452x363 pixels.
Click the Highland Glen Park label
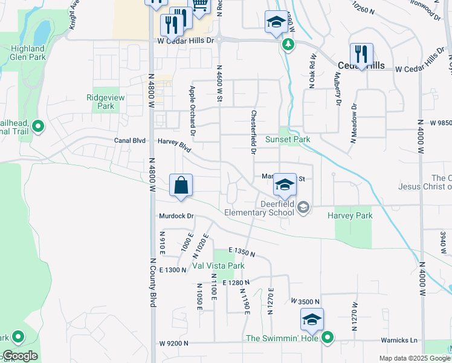click(27, 53)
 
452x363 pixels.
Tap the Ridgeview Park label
click(100, 101)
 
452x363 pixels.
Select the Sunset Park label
click(295, 139)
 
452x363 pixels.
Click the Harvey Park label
click(350, 215)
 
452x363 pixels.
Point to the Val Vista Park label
click(218, 266)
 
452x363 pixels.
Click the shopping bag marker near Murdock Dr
click(181, 185)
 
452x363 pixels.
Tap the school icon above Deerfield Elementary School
click(284, 185)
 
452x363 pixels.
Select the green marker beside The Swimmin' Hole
click(328, 338)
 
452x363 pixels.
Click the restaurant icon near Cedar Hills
click(361, 54)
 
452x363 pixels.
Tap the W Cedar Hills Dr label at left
click(186, 41)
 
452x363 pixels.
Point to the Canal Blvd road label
click(130, 140)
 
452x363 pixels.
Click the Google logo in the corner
click(20, 356)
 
